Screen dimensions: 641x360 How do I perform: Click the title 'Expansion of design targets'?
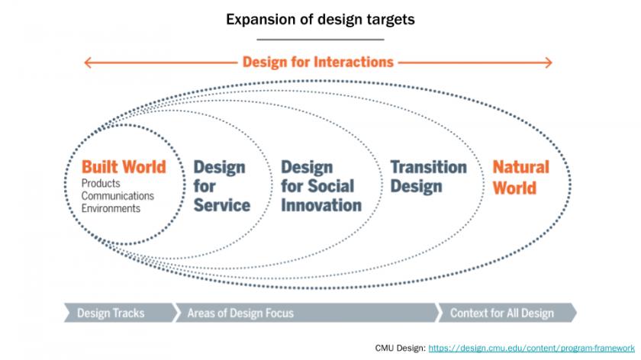pos(320,20)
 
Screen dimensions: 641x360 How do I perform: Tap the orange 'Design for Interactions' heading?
pos(318,62)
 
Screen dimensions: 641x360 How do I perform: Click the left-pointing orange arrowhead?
pos(88,63)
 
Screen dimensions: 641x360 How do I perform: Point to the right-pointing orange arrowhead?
pos(548,63)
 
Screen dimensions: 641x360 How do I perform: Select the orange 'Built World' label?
pos(124,167)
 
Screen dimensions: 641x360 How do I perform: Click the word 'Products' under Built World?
pos(101,183)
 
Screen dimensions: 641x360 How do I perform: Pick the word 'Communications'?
pos(118,196)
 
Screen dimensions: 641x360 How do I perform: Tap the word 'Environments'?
pos(111,208)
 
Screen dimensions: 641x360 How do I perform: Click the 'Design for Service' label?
pos(221,186)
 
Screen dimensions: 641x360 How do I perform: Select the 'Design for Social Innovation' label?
pos(321,186)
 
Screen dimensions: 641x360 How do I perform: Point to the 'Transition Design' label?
pos(428,176)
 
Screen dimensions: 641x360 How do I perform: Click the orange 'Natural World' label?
pos(520,178)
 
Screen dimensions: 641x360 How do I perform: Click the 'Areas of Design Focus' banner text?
pos(240,313)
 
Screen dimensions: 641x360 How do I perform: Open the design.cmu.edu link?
pos(531,348)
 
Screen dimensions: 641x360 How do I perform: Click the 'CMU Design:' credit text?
pos(400,348)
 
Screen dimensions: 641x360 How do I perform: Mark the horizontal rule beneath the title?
pos(320,40)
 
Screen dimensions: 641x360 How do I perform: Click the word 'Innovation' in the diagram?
pos(321,205)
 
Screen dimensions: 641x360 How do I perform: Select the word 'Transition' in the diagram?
pos(428,167)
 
